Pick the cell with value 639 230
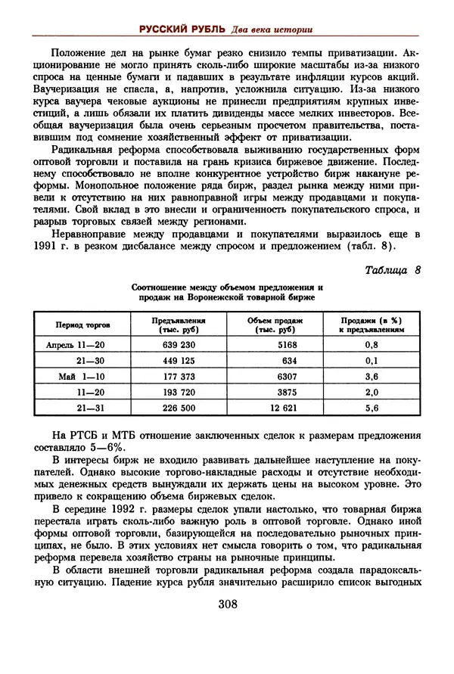pos(179,344)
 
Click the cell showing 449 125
pos(179,360)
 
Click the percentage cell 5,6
pos(371,408)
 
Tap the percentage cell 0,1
pos(371,360)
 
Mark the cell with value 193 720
pos(179,392)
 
